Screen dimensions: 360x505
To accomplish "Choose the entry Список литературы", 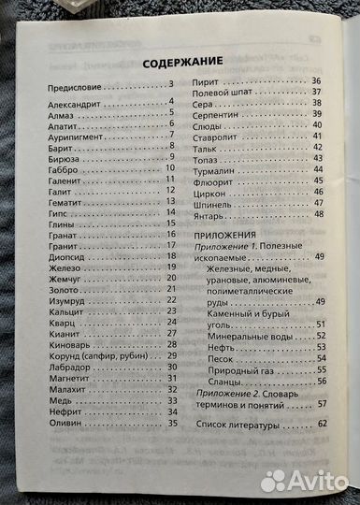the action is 238,426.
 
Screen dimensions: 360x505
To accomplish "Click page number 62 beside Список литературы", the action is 322,426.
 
